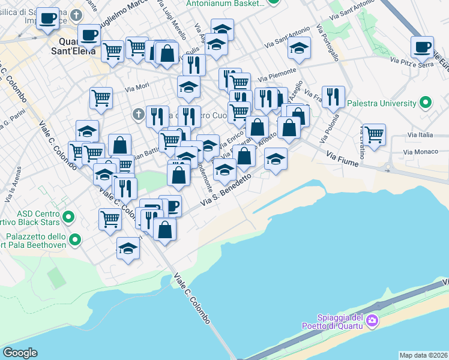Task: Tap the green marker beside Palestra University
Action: pos(426,103)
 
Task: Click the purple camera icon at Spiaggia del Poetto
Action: pos(372,321)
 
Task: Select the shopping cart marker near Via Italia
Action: pos(374,134)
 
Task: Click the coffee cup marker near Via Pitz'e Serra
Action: pos(422,46)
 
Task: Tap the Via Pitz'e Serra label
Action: pos(412,62)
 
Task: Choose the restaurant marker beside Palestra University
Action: pos(333,96)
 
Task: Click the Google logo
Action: pos(20,352)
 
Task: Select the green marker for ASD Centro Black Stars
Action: pos(68,216)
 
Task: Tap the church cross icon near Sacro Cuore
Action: pos(138,114)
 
